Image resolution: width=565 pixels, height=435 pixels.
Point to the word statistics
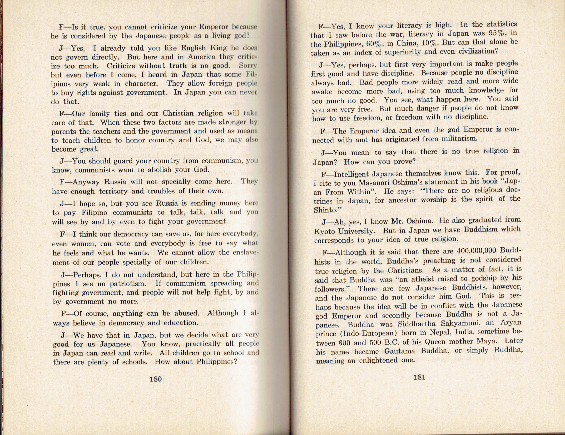502,24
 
